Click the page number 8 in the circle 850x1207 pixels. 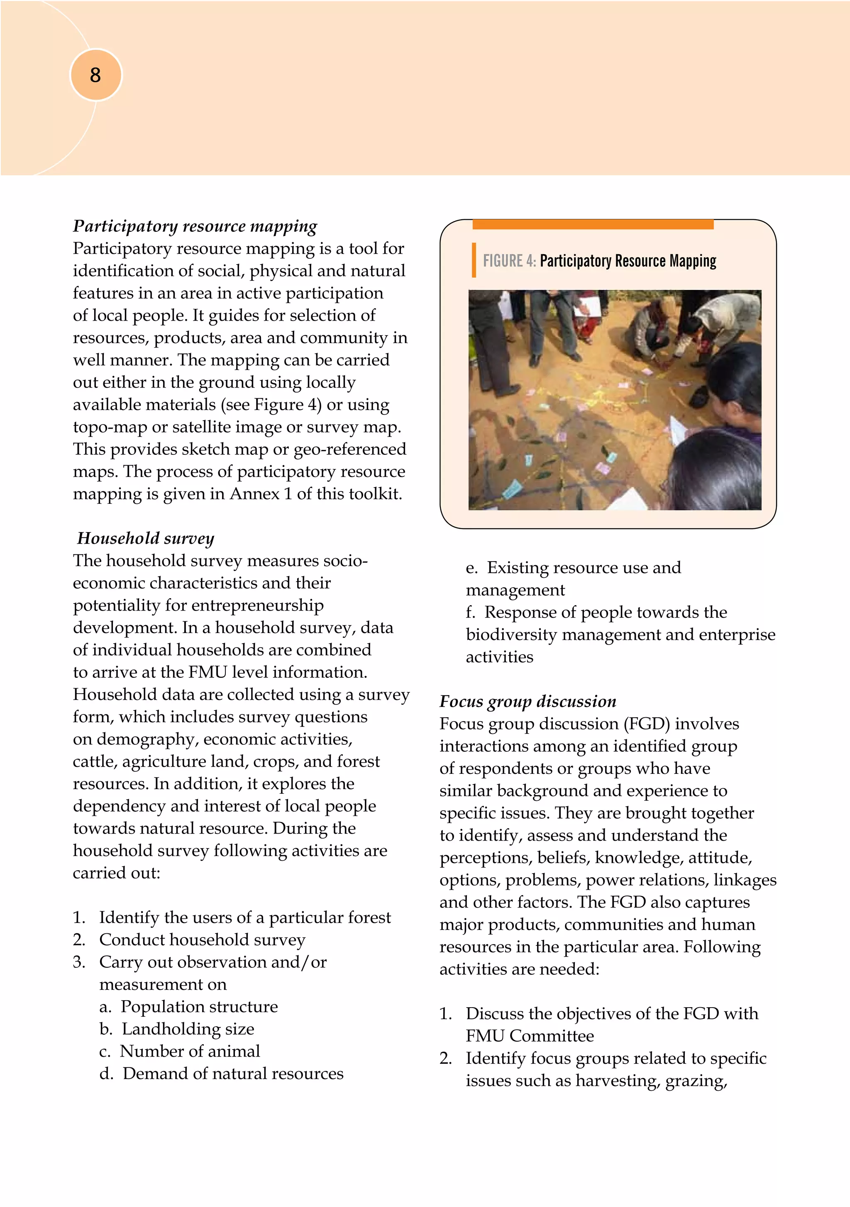[x=95, y=75]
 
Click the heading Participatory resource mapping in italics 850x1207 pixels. [x=195, y=226]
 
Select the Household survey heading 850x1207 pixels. [x=146, y=538]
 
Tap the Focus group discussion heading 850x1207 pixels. [x=528, y=701]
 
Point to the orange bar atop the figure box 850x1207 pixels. [x=593, y=224]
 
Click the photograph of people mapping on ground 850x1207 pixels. [x=614, y=400]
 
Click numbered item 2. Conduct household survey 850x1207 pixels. [x=202, y=940]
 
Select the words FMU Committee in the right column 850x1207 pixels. [x=530, y=1035]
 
